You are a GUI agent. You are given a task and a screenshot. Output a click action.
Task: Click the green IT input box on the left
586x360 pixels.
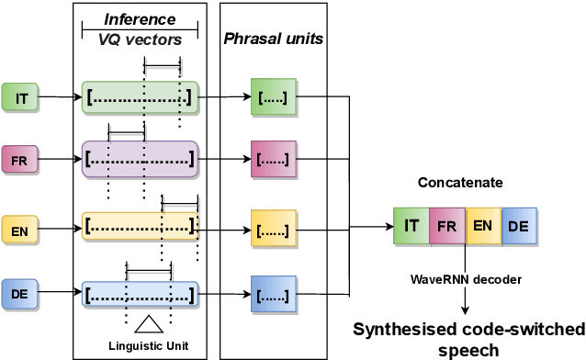point(20,96)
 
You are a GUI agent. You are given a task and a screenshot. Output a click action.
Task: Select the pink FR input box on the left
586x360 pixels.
point(20,159)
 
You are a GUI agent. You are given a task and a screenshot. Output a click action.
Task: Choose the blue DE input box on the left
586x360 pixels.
point(20,295)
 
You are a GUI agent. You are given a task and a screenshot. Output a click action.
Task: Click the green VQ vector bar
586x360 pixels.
point(140,96)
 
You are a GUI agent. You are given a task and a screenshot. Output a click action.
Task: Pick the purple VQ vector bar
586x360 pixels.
point(140,158)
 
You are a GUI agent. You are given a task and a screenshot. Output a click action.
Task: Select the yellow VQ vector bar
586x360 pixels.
point(140,225)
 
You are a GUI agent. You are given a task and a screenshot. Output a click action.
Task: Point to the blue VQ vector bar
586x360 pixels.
point(140,295)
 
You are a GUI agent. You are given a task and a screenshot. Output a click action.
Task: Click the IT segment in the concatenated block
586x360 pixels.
point(411,224)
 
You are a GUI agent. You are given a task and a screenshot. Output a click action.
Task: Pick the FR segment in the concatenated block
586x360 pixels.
point(446,224)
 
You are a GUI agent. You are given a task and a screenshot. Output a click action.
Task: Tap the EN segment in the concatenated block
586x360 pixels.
point(482,224)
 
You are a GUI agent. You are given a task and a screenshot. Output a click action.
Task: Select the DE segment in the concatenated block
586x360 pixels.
point(518,224)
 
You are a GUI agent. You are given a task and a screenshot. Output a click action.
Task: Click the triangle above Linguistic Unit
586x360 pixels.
point(148,323)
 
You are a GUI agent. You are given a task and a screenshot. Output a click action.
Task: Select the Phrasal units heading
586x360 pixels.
point(273,40)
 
